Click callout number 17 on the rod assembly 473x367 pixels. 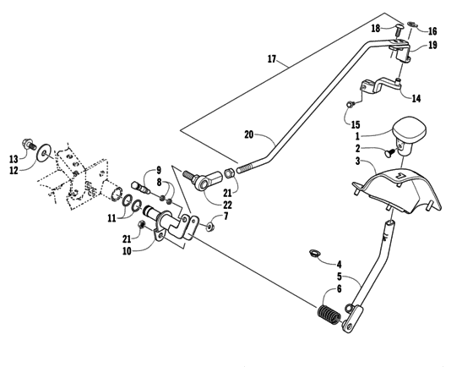(271, 60)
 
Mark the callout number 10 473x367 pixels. (127, 252)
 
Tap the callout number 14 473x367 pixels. (416, 98)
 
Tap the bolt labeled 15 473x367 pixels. (349, 105)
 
